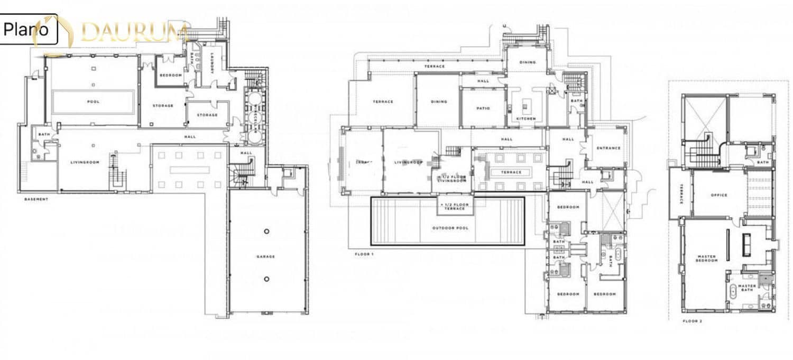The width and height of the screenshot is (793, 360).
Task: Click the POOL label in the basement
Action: pos(93,101)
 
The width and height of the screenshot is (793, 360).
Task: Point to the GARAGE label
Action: pos(265,257)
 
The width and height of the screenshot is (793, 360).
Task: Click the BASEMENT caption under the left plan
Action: pos(36,199)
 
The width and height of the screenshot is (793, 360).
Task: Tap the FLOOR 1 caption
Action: pos(364,254)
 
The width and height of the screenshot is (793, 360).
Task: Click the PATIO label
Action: pos(483,108)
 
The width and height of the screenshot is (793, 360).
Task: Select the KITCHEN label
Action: pos(526,118)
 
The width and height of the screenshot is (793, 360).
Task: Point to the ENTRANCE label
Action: pos(608,148)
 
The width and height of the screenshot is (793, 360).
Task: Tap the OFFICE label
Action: pos(719,195)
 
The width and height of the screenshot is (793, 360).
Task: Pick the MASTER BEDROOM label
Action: pos(706,259)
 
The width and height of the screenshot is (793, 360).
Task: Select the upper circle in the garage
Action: pos(266,232)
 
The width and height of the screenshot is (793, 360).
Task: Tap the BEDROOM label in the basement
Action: pos(171,75)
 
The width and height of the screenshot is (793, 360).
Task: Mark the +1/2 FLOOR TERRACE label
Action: pos(455,206)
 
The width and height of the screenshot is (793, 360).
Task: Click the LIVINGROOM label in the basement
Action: pos(85,162)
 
